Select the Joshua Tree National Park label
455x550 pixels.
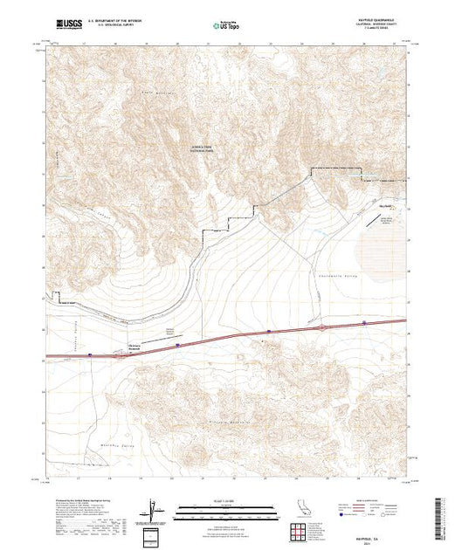(x=215, y=148)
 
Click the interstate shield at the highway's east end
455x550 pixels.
(x=365, y=324)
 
